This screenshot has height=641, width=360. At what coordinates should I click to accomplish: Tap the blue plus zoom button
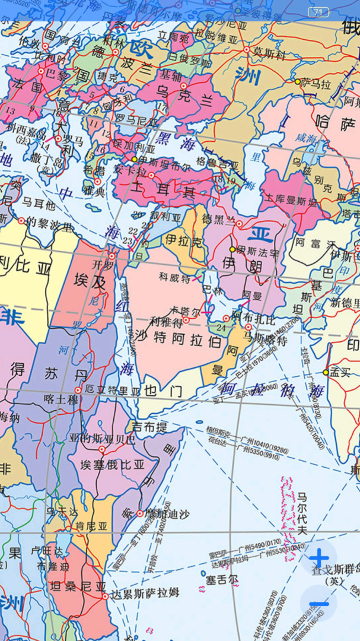[x=319, y=558]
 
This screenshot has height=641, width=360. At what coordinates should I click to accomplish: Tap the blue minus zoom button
[x=319, y=604]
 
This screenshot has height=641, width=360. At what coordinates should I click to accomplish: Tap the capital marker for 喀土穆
[x=78, y=391]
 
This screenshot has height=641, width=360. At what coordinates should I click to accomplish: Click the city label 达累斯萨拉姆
[x=145, y=592]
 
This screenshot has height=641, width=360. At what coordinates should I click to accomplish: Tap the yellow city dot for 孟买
[x=326, y=372]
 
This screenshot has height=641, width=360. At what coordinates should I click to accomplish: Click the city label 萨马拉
[x=316, y=84]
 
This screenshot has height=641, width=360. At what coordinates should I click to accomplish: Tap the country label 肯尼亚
[x=91, y=526]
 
